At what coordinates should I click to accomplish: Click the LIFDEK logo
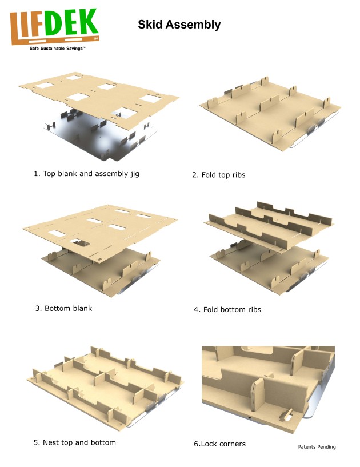(x=55, y=27)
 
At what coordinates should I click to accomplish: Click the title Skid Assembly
(x=179, y=25)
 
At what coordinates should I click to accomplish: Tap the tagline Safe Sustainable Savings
(x=57, y=49)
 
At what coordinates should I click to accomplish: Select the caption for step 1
(x=86, y=174)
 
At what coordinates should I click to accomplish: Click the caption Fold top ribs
(x=218, y=175)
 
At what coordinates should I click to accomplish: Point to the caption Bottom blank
(x=63, y=308)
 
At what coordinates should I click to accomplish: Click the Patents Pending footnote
(x=317, y=447)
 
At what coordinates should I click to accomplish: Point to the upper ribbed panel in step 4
(x=269, y=220)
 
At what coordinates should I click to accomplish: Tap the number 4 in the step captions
(x=197, y=310)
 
